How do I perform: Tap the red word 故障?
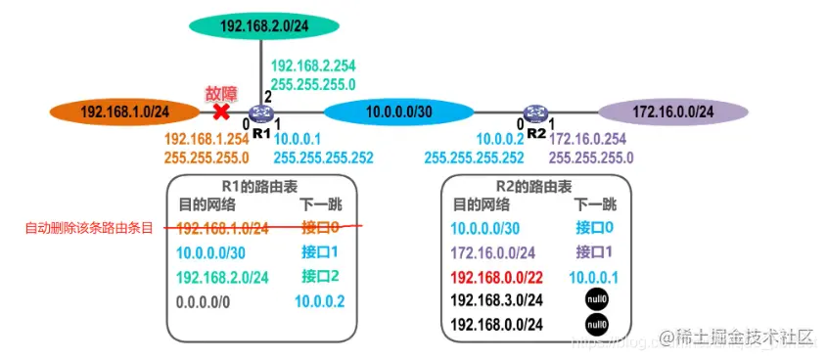[220, 94]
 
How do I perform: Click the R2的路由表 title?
[533, 186]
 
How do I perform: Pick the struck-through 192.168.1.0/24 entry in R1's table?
[222, 228]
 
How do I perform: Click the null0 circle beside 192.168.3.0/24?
[595, 300]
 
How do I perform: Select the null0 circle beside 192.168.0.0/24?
[595, 325]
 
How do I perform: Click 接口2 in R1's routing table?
[321, 277]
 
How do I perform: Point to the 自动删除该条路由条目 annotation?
[89, 229]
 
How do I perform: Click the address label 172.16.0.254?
[593, 140]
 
